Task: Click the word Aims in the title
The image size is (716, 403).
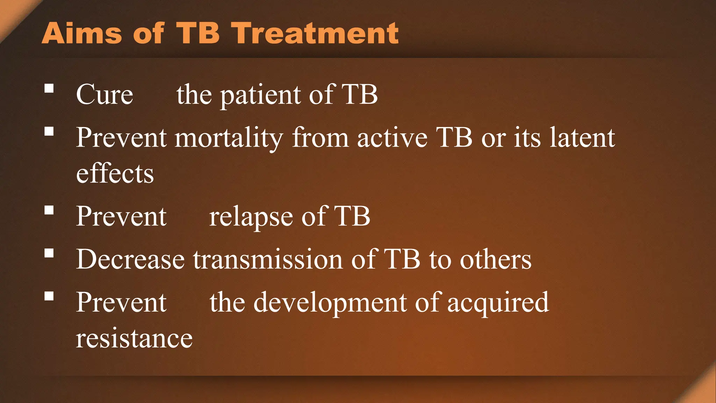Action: tap(82, 33)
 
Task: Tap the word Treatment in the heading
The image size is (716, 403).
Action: tap(316, 33)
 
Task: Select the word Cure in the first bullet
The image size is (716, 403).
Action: tap(105, 94)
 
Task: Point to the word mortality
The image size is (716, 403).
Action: tap(229, 138)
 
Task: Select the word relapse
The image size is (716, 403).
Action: tap(251, 217)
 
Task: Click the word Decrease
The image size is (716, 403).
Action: tap(130, 260)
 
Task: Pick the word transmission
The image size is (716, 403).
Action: tap(268, 260)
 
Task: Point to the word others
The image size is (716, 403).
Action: tap(495, 260)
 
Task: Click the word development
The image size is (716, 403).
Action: tap(330, 303)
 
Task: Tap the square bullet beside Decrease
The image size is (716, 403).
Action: tap(49, 253)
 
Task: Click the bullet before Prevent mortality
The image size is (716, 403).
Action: tap(49, 131)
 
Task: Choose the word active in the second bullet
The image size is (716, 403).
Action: tap(392, 137)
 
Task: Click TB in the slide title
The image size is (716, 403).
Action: tap(198, 33)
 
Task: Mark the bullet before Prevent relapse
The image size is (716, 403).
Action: tap(49, 210)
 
